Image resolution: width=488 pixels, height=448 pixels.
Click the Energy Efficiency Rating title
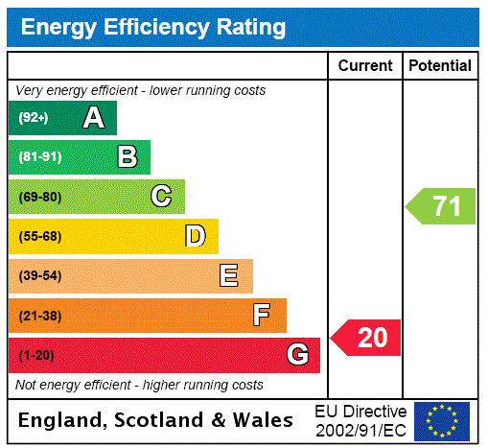tap(153, 27)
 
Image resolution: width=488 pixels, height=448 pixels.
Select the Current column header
tap(365, 66)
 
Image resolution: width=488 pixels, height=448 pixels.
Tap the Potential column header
tap(440, 66)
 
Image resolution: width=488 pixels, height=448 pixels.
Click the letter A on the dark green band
tap(93, 118)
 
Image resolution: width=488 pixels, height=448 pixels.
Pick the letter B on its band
tap(127, 157)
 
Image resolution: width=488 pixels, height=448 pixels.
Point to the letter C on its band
tap(161, 197)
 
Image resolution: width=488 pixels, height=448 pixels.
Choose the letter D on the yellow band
tap(195, 236)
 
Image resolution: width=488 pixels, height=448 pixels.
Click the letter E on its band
tap(229, 276)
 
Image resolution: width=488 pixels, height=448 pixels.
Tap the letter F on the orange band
tap(262, 316)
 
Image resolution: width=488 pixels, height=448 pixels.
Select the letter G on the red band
tap(297, 355)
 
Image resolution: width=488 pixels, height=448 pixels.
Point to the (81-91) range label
tap(39, 157)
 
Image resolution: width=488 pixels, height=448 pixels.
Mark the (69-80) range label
tap(39, 197)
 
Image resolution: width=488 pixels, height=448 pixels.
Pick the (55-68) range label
tap(39, 236)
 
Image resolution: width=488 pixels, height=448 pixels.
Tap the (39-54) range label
tap(39, 276)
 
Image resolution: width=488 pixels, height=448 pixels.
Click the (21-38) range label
tap(39, 316)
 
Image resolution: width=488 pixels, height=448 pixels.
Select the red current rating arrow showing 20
tap(367, 338)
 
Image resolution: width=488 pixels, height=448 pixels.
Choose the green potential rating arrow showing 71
tap(441, 206)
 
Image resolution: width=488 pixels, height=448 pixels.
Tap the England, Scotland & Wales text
tap(156, 420)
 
